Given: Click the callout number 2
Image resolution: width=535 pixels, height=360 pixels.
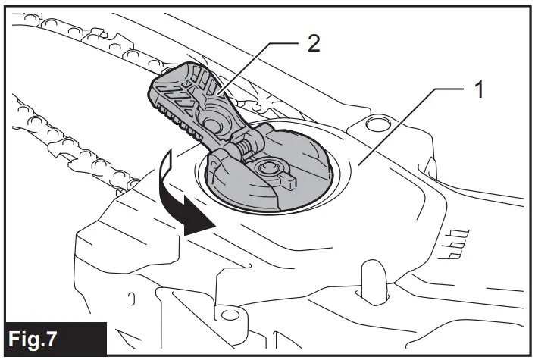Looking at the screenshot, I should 313,42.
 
